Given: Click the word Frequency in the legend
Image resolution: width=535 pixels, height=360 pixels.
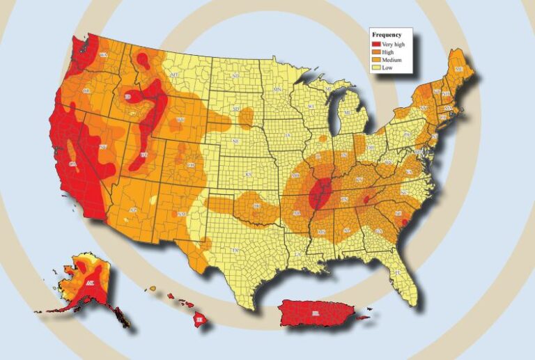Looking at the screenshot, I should point(387,34).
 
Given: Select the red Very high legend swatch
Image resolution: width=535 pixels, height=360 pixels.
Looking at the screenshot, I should point(377,44).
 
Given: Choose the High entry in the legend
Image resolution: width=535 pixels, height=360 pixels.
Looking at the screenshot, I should point(389,52).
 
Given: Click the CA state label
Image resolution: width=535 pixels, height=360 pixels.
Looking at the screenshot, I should point(72,163).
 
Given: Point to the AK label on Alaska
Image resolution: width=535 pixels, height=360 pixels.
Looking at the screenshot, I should point(90,283).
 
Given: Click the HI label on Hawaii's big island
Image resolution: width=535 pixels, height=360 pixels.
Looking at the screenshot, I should point(200,319).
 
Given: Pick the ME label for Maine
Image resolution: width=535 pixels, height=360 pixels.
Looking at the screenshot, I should point(458,70).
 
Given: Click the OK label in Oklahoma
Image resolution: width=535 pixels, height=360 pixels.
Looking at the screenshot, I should point(256,206).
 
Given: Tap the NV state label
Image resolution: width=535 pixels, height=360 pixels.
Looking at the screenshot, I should point(102,147).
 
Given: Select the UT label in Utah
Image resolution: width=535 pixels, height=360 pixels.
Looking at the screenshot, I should point(144,154).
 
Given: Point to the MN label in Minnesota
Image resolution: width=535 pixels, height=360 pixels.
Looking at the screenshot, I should point(277,91).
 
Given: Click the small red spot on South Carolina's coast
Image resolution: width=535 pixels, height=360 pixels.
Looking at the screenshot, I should point(405,223).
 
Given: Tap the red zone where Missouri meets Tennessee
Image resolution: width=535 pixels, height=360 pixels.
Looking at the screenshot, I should point(320,194).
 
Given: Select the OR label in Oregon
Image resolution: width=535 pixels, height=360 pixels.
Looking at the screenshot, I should point(86,91).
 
